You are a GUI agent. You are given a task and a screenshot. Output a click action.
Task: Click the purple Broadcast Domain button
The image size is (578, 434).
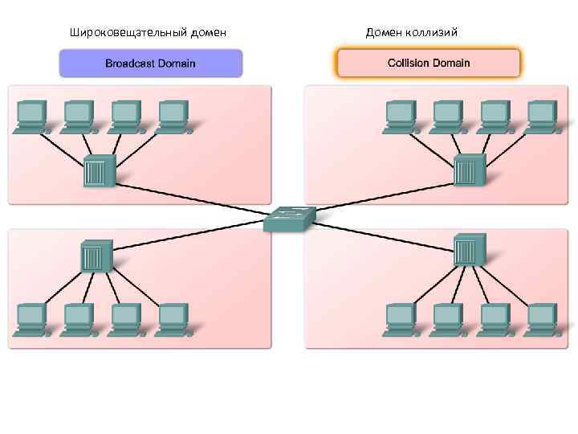[x=151, y=63]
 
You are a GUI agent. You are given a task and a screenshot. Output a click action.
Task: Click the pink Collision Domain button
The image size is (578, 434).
[x=429, y=62]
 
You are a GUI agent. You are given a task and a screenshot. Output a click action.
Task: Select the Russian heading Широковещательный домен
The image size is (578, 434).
[x=148, y=32]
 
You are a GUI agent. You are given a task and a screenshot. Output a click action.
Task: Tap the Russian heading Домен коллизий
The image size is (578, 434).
[x=412, y=32]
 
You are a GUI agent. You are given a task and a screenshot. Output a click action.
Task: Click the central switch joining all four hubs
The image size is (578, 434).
[x=289, y=218]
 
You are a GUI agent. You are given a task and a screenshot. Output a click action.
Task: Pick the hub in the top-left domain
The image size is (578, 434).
[x=99, y=170]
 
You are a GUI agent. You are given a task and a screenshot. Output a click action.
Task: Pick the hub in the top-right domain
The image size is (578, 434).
[x=468, y=170]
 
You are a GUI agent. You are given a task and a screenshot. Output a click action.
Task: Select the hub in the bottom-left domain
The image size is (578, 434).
[x=96, y=256]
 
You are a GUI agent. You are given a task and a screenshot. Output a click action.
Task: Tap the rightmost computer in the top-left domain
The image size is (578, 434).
[x=173, y=115]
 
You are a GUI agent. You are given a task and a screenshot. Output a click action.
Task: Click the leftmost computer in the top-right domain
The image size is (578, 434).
[x=401, y=115]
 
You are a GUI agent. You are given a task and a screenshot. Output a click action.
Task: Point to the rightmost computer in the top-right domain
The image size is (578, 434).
[x=542, y=115]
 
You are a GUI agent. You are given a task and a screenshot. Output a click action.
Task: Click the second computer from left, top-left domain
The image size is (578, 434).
[x=79, y=115]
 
